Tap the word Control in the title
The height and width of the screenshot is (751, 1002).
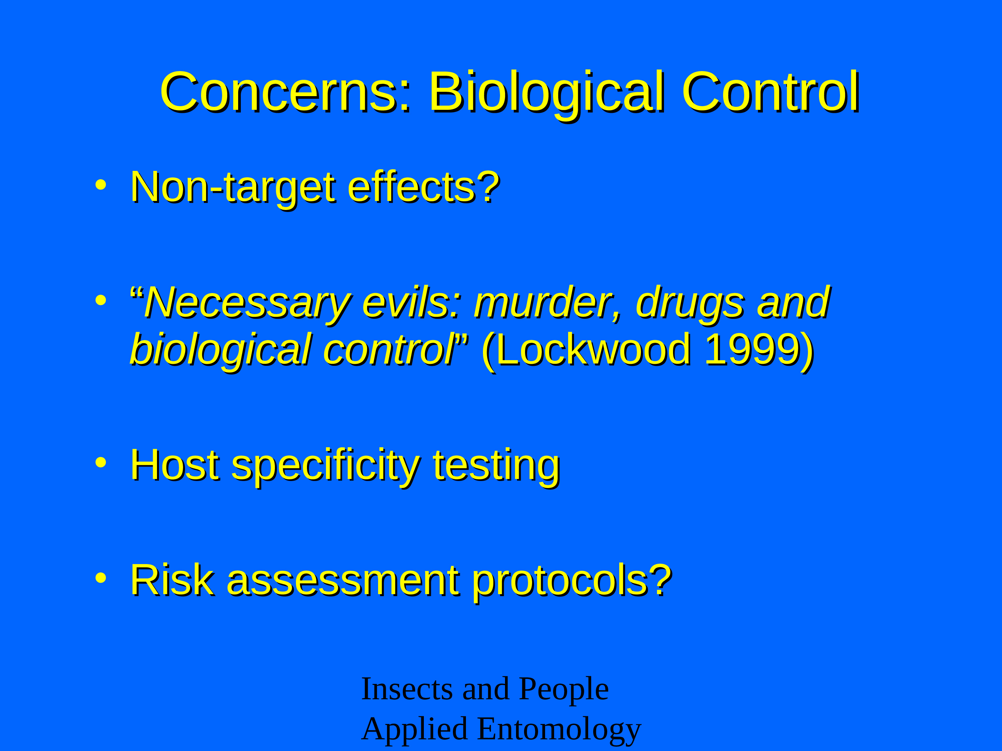pyautogui.click(x=771, y=92)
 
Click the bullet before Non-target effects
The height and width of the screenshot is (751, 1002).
pyautogui.click(x=101, y=184)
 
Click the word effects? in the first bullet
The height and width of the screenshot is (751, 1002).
pyautogui.click(x=424, y=187)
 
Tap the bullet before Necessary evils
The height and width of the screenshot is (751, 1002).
pyautogui.click(x=101, y=300)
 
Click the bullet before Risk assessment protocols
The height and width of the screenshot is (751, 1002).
pyautogui.click(x=101, y=578)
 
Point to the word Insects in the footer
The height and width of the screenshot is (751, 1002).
pyautogui.click(x=407, y=689)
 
